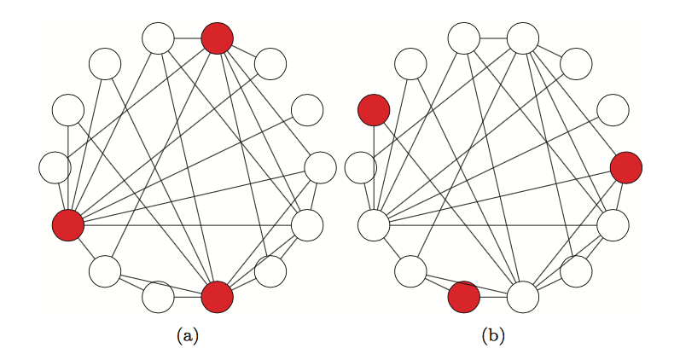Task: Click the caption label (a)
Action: point(187,335)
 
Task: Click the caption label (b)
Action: point(493,335)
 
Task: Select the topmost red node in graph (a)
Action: point(217,38)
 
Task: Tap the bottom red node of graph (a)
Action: point(217,296)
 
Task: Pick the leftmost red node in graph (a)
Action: point(68,225)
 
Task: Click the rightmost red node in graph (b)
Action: point(626,167)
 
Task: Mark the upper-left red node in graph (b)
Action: point(374,109)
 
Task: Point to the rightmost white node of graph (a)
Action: point(320,167)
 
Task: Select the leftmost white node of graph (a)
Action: point(54,167)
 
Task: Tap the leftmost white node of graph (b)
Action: point(359,167)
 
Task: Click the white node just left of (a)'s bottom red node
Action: point(158,297)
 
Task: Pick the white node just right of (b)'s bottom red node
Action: point(523,297)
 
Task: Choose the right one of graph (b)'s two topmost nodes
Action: point(523,38)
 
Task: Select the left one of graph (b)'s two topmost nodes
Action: point(463,38)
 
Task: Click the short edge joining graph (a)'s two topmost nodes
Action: point(188,38)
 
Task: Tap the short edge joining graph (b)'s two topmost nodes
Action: point(493,38)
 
